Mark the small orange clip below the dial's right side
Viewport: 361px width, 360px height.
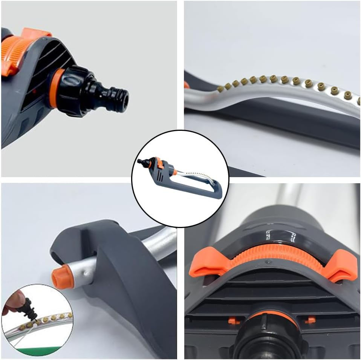[310, 320]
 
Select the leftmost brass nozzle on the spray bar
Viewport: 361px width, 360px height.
[221, 89]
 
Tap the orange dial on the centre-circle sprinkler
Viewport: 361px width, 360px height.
[159, 164]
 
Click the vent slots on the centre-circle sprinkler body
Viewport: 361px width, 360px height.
[158, 176]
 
